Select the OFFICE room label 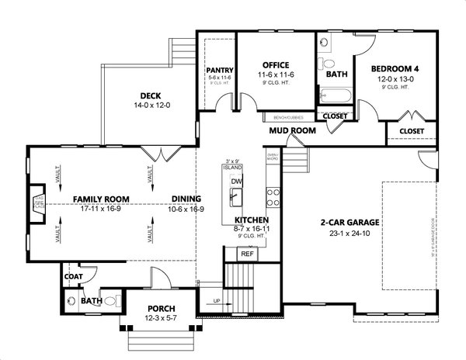coord(276,64)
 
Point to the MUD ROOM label coord(292,131)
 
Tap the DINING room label coord(186,199)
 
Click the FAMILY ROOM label coord(101,199)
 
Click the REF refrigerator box coord(247,254)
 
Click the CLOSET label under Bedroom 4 coord(412,131)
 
